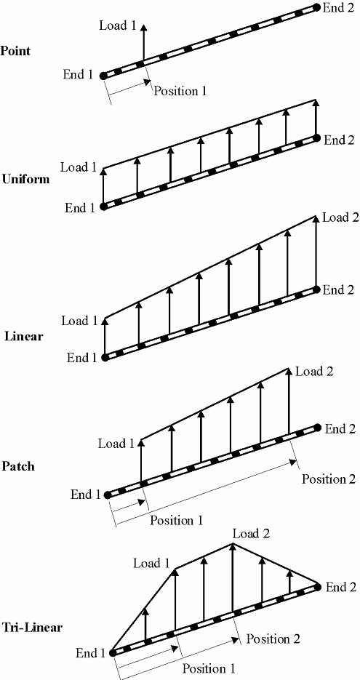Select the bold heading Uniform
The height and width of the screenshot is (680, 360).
click(x=25, y=179)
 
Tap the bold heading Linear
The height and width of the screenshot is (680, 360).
click(x=23, y=337)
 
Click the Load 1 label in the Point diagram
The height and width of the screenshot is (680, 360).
click(x=118, y=25)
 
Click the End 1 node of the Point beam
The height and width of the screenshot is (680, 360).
click(x=103, y=76)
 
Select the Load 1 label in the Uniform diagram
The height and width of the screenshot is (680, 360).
click(x=79, y=167)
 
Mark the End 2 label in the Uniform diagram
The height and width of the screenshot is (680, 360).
click(x=339, y=140)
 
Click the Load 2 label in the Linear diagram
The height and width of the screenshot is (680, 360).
click(x=340, y=217)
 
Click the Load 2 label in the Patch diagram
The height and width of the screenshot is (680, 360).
click(x=314, y=372)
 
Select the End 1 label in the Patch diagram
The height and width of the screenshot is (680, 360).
click(x=86, y=495)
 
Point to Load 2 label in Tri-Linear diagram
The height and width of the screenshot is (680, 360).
click(x=251, y=534)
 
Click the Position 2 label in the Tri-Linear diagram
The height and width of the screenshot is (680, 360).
click(x=273, y=639)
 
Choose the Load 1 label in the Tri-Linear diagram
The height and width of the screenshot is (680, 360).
click(x=151, y=563)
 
